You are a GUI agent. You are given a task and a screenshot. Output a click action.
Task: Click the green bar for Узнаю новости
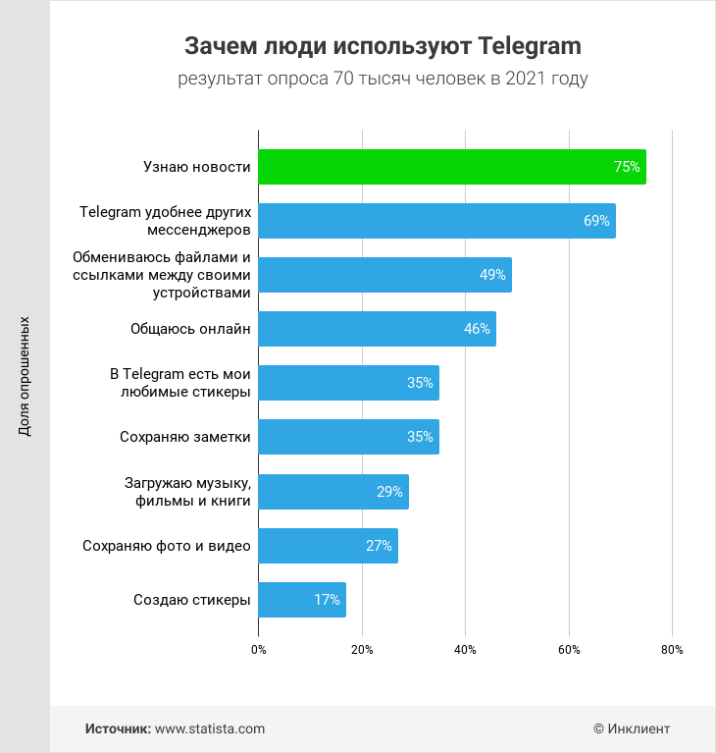pyautogui.click(x=451, y=167)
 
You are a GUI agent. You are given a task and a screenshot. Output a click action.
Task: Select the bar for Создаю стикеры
pyautogui.click(x=302, y=600)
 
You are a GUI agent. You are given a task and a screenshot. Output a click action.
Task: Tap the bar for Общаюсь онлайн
pyautogui.click(x=377, y=329)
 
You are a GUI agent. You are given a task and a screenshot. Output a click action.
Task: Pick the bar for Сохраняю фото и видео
pyautogui.click(x=328, y=546)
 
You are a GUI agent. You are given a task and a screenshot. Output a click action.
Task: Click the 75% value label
pyautogui.click(x=627, y=167)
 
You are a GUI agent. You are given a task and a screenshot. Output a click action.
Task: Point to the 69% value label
pyautogui.click(x=596, y=221)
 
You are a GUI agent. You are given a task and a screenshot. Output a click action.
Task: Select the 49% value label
pyautogui.click(x=492, y=275)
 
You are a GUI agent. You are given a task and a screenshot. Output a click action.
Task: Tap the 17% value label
pyautogui.click(x=327, y=600)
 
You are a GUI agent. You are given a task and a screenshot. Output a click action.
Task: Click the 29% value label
pyautogui.click(x=389, y=492)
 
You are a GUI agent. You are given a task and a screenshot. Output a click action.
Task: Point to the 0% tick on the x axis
pyautogui.click(x=259, y=650)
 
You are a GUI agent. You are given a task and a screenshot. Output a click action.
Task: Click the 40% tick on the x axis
pyautogui.click(x=465, y=650)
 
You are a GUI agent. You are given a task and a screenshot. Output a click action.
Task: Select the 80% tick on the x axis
pyautogui.click(x=672, y=650)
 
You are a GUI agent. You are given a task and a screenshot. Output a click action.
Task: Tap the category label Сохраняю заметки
pyautogui.click(x=185, y=437)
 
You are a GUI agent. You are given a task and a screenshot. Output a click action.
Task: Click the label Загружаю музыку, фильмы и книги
pyautogui.click(x=187, y=492)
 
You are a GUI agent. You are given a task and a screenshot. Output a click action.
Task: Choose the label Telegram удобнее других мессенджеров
pyautogui.click(x=166, y=221)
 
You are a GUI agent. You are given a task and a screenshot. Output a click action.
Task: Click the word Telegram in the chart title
pyautogui.click(x=530, y=46)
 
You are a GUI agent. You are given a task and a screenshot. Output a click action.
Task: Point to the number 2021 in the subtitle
pyautogui.click(x=525, y=79)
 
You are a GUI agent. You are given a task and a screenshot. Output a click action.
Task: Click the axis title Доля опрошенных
pyautogui.click(x=25, y=376)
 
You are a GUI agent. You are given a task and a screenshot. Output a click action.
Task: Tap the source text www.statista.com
pyautogui.click(x=210, y=728)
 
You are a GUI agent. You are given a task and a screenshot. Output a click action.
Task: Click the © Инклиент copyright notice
pyautogui.click(x=632, y=728)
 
